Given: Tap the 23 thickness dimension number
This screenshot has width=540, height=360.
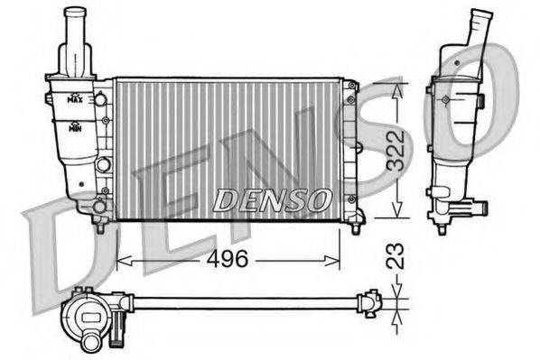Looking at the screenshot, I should point(395,255).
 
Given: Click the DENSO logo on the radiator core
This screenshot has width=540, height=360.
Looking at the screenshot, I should point(271,199).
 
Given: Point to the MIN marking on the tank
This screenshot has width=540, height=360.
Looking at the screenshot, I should point(78,126).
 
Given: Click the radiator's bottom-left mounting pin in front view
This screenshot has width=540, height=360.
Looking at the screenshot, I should point(99,228).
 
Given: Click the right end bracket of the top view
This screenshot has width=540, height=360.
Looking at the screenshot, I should point(370,301).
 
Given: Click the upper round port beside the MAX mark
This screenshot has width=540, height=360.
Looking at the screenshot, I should point(101,98).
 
